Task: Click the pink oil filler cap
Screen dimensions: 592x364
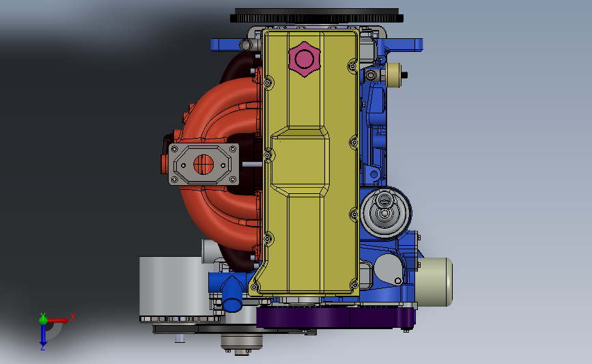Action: point(305,59)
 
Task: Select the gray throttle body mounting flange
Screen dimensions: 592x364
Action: point(203,165)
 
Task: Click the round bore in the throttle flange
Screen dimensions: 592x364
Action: point(203,165)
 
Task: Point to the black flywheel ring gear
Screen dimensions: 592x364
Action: point(316,16)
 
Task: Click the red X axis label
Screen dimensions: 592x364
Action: point(73,317)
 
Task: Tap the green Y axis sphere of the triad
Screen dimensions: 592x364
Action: point(43,320)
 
